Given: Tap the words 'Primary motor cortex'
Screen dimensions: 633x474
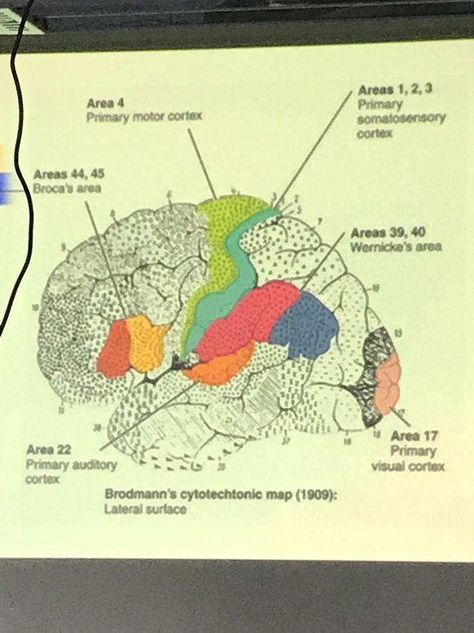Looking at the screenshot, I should point(144,117).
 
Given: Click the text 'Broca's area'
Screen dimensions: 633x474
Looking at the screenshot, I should point(67,188).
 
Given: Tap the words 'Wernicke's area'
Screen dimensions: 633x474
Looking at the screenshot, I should point(396,247).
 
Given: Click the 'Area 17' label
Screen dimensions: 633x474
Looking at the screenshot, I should point(415,436).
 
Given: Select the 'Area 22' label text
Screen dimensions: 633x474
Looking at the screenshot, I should point(48,450).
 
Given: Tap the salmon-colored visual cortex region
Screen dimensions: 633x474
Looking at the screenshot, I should point(387,384).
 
